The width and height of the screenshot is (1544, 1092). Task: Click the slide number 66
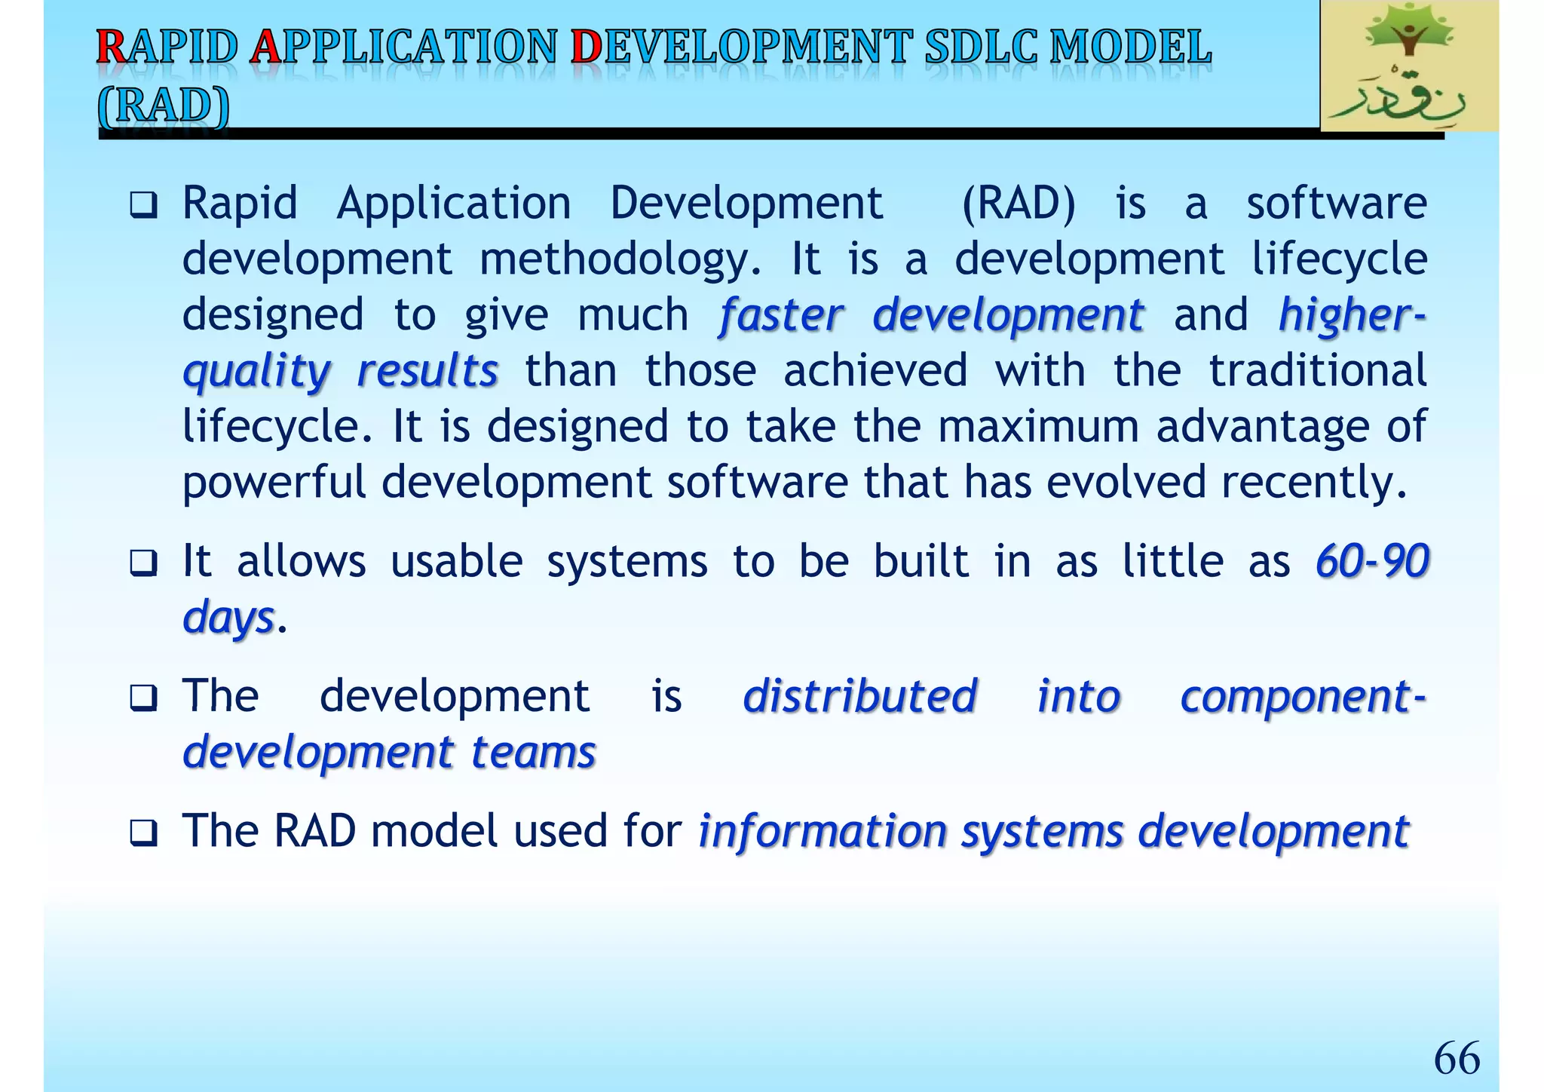click(1456, 1058)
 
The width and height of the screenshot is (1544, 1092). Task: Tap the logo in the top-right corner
click(1408, 66)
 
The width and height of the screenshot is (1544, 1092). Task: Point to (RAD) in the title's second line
click(164, 106)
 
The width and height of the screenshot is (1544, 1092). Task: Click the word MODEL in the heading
click(1131, 48)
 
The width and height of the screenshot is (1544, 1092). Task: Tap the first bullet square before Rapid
click(142, 205)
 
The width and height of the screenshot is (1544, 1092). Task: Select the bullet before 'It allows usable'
click(142, 563)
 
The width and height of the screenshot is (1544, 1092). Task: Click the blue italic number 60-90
click(1371, 561)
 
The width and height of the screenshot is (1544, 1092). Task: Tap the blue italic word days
click(228, 618)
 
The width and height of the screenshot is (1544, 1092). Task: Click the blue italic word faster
click(781, 314)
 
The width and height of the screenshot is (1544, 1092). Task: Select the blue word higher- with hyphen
click(1352, 314)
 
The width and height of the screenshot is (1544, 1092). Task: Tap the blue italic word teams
click(533, 753)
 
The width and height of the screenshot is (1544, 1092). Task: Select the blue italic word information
click(822, 831)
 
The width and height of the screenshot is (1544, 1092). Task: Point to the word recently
click(1313, 483)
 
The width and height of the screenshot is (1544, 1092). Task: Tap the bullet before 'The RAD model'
click(142, 833)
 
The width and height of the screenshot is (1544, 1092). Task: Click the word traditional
click(1317, 370)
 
